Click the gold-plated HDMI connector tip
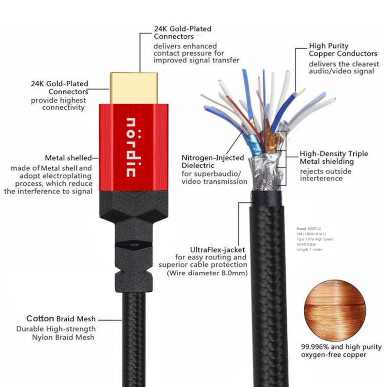[x=134, y=88]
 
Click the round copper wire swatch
[x=335, y=310]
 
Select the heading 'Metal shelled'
[x=68, y=158]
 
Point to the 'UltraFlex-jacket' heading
[x=217, y=250]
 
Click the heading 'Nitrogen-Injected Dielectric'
[x=213, y=162]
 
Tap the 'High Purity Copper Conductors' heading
[x=343, y=50]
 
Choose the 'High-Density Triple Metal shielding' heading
[x=334, y=158]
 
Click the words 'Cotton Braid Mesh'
[x=61, y=319]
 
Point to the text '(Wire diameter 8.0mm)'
[x=207, y=273]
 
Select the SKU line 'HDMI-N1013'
[x=311, y=234]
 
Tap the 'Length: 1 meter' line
[x=309, y=250]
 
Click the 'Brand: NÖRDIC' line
[x=309, y=229]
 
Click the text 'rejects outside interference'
[x=326, y=175]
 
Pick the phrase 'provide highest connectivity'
[x=58, y=104]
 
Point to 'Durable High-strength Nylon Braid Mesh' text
[x=56, y=333]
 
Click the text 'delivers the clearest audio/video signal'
[x=344, y=68]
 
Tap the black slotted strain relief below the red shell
[x=134, y=241]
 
